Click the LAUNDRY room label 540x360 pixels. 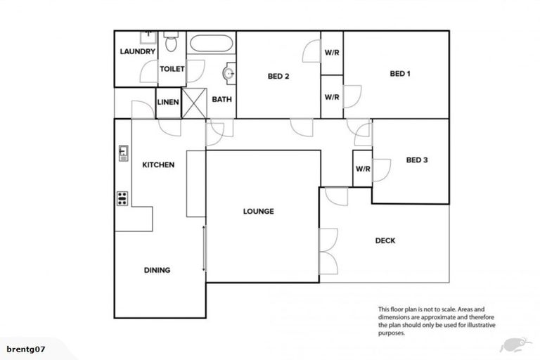coord(137,52)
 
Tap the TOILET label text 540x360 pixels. coord(172,69)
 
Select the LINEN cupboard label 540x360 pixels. coord(168,103)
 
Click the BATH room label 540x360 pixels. coord(222,100)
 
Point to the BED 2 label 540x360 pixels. coord(278,77)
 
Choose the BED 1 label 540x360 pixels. coord(400,73)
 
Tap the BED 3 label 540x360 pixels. coord(417,160)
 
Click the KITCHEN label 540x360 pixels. coord(158,165)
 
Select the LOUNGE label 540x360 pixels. coord(258,211)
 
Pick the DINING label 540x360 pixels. coord(157,270)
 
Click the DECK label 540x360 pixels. coord(385,240)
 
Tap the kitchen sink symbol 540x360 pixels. coord(123,153)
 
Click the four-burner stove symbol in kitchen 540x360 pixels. coord(122,198)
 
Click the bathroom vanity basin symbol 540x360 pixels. coord(229,72)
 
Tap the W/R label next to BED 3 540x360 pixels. coord(363,169)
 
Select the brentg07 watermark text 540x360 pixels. coord(26,349)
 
